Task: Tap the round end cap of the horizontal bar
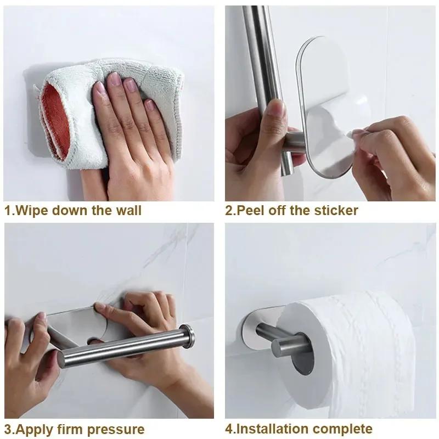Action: point(188,336)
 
